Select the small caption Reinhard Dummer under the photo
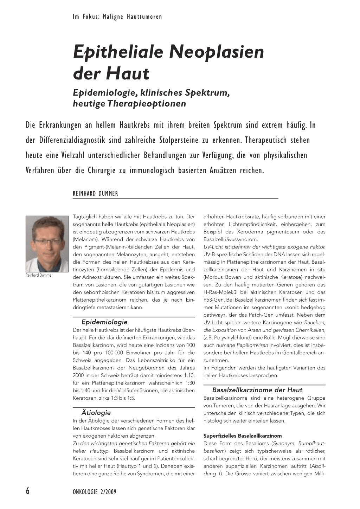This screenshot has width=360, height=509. pyautogui.click(x=39, y=276)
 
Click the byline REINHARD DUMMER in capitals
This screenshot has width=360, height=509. pyautogui.click(x=95, y=193)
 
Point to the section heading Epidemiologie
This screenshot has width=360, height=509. pyautogui.click(x=104, y=322)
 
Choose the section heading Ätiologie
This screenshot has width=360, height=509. pyautogui.click(x=96, y=413)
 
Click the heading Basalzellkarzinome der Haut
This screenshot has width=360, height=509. pyautogui.click(x=257, y=390)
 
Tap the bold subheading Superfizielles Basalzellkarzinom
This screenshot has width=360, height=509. pyautogui.click(x=243, y=436)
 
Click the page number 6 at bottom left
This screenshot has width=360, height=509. pyautogui.click(x=28, y=491)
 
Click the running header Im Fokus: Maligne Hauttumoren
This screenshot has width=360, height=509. pyautogui.click(x=117, y=17)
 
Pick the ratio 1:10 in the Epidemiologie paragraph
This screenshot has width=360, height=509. pyautogui.click(x=188, y=375)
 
